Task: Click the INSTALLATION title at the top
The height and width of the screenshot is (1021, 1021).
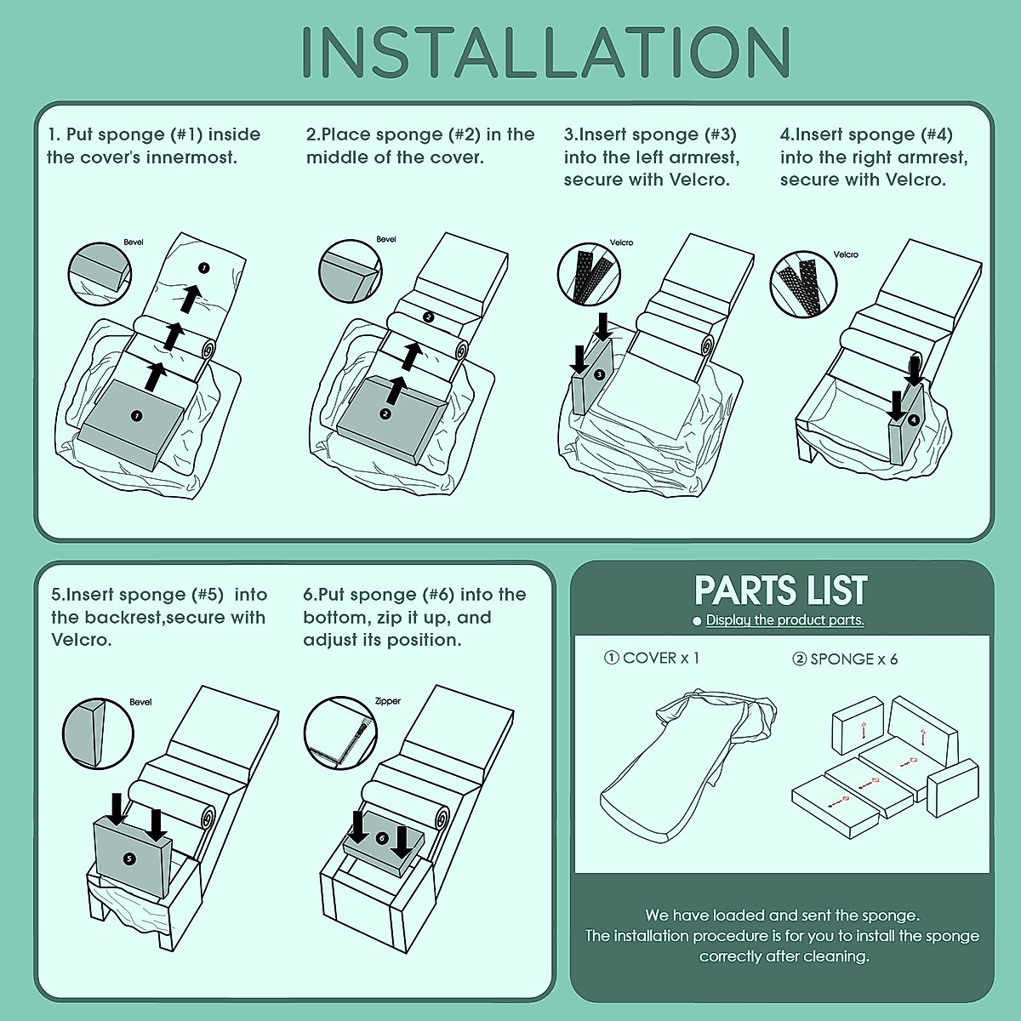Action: coord(546,52)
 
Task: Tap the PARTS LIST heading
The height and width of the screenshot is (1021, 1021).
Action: coord(781,590)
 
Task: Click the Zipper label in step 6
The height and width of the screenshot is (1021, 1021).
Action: coord(388,701)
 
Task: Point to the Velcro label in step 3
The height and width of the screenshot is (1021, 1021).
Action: coord(621,242)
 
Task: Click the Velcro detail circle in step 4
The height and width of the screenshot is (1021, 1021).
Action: coord(803,284)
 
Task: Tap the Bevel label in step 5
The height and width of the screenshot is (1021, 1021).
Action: coord(140,702)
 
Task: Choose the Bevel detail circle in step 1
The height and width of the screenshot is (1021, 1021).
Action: coord(100,274)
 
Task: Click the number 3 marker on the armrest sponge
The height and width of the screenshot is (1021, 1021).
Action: coord(599,374)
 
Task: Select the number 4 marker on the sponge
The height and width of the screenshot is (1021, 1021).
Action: coord(913,420)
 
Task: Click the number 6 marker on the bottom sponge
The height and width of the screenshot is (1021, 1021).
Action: coord(381,838)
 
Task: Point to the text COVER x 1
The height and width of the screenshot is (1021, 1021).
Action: coord(652,658)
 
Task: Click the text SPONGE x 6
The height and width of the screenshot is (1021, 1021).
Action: coord(845,659)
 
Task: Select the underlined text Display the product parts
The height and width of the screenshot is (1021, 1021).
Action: coord(784,620)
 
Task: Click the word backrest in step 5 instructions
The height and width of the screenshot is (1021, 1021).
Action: coord(122,617)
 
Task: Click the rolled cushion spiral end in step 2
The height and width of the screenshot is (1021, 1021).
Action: coord(459,351)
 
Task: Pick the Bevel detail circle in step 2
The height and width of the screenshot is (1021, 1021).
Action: coord(351,271)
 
